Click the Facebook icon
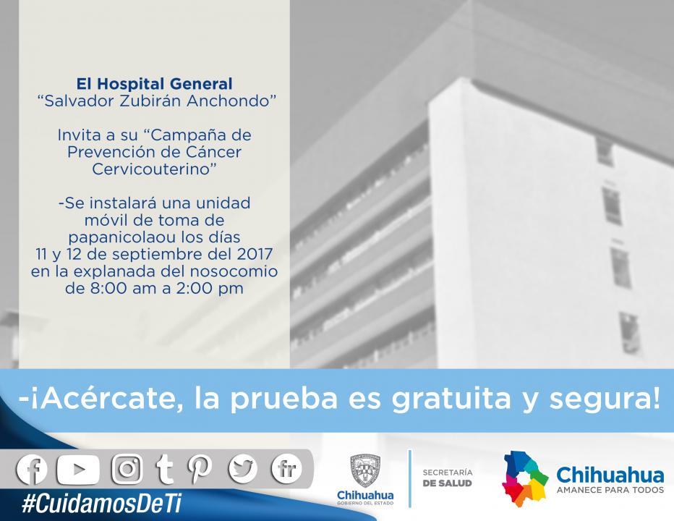32,469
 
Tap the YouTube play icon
78,470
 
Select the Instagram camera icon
127,469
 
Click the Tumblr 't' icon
164,470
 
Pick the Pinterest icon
200,469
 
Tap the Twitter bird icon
243,469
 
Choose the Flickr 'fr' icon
286,469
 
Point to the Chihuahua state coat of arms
365,470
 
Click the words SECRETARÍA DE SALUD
448,478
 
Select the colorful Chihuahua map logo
525,479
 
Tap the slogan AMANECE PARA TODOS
610,490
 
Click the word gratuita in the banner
451,399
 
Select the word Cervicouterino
153,169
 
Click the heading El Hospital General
154,83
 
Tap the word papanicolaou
121,238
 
